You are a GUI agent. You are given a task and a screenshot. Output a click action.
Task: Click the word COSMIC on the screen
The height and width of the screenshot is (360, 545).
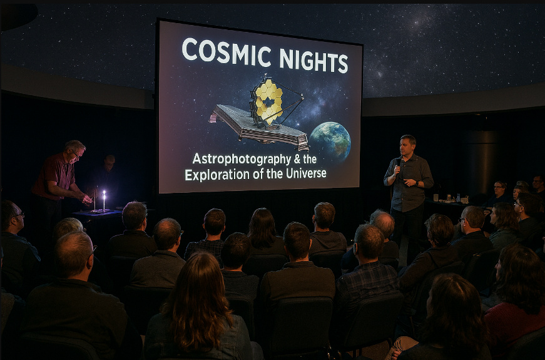[x=226, y=51]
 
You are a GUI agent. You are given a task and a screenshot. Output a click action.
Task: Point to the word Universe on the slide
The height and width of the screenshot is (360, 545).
[x=306, y=173]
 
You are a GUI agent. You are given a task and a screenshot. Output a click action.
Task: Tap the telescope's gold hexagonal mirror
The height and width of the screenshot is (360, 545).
[x=267, y=101]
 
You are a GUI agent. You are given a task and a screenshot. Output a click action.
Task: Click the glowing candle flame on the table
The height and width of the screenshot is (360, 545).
[x=104, y=194]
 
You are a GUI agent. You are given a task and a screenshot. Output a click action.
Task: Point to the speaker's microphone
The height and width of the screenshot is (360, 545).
[x=398, y=165]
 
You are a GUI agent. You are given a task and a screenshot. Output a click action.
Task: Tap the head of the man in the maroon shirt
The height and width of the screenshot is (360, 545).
[x=74, y=151]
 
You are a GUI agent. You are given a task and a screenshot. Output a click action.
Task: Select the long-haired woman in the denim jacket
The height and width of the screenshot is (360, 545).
[x=200, y=309]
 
